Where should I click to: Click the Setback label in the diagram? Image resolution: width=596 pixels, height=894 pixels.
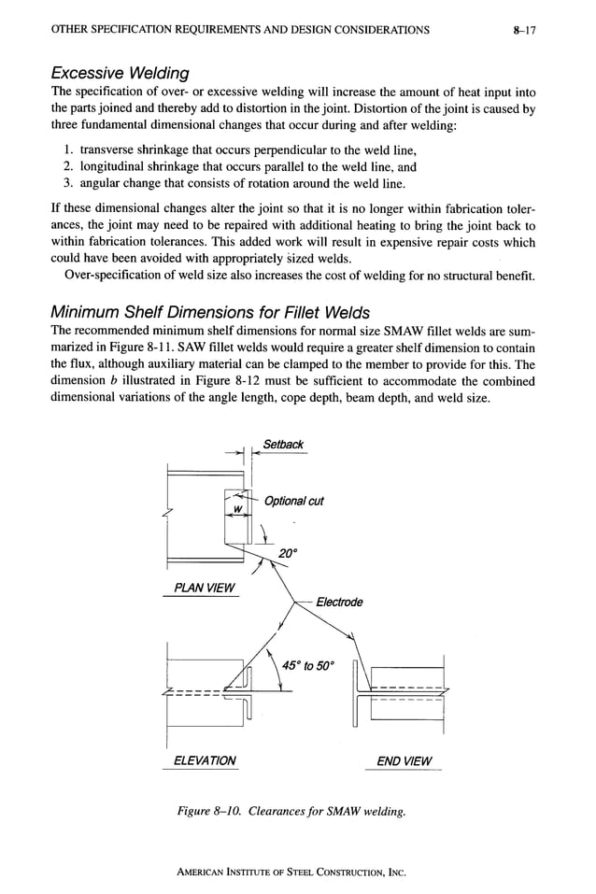283,445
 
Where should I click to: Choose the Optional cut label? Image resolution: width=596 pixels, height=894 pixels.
294,502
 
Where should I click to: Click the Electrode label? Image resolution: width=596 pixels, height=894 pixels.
339,602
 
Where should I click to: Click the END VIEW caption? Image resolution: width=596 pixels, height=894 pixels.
404,760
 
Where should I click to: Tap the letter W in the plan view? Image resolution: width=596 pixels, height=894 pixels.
237,508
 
